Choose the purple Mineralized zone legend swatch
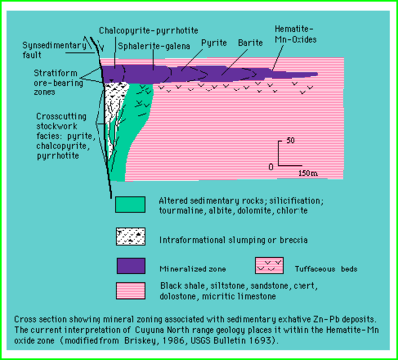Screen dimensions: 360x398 (x=129, y=267)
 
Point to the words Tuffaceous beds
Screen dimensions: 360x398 (x=327, y=269)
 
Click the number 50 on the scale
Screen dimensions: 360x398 (x=291, y=141)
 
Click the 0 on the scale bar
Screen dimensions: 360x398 (x=271, y=164)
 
